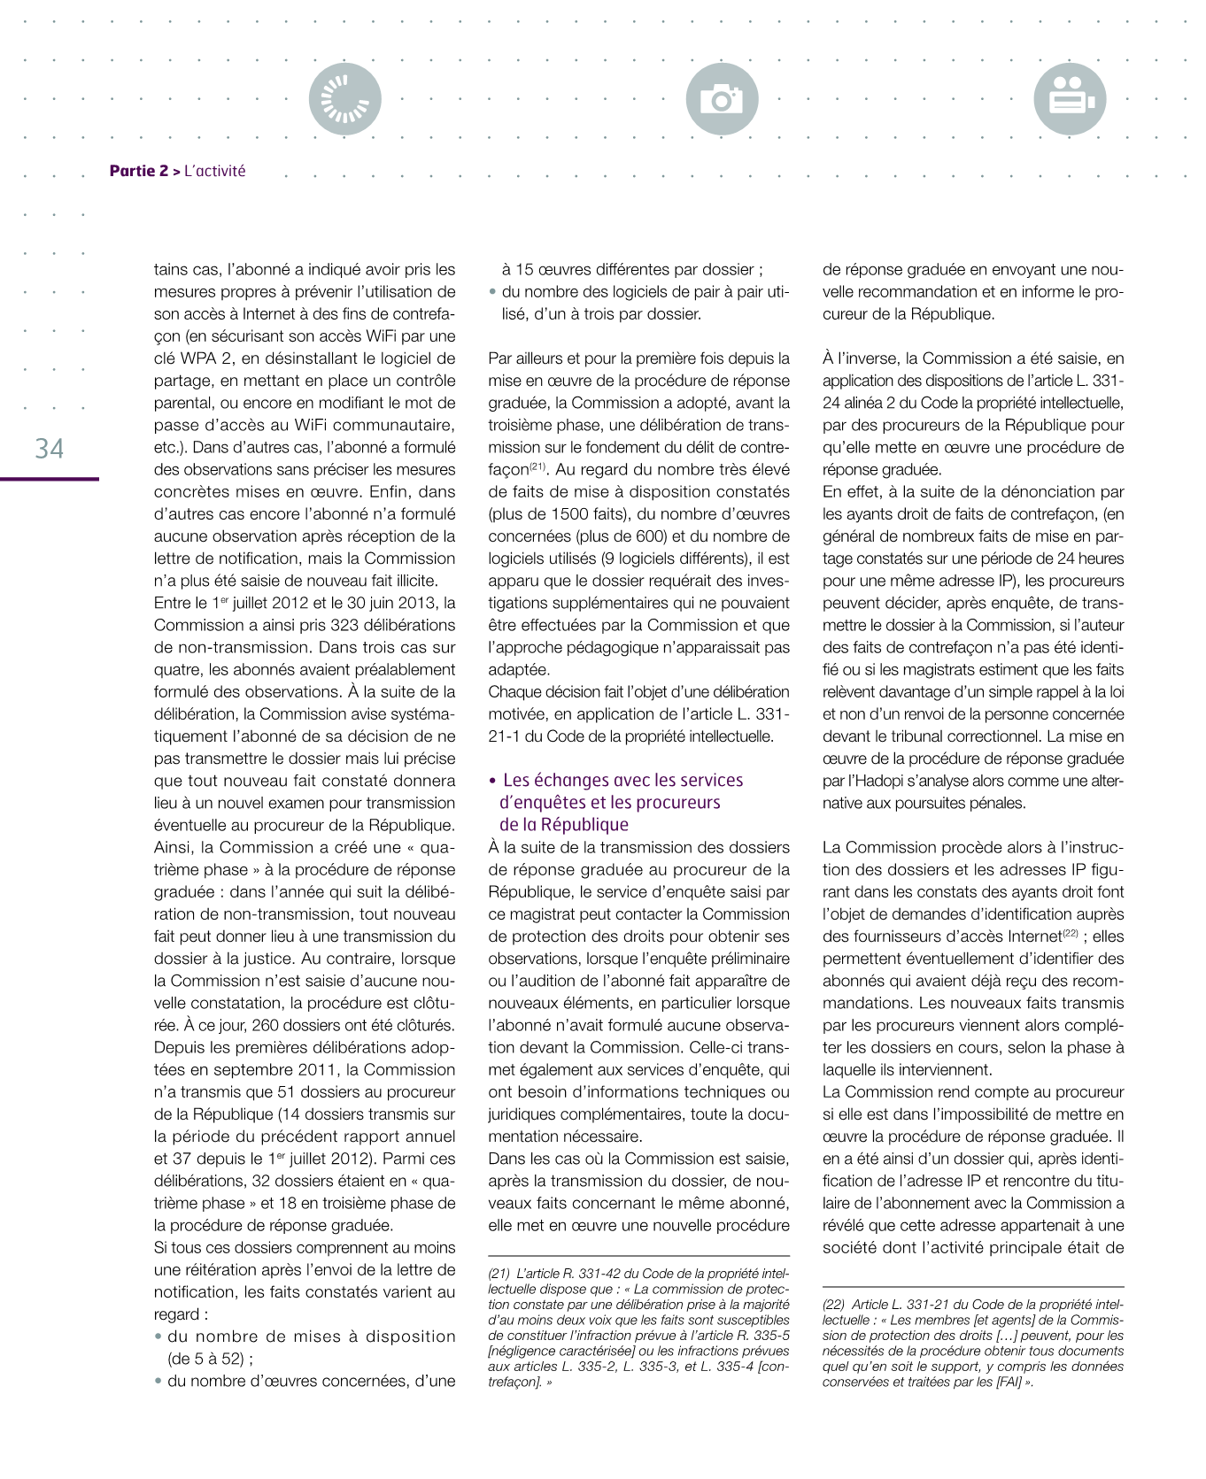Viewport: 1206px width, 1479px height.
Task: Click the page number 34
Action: pyautogui.click(x=50, y=448)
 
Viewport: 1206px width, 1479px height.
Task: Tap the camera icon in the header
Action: pyautogui.click(x=722, y=99)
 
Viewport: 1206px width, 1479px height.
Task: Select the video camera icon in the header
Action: pyautogui.click(x=1070, y=99)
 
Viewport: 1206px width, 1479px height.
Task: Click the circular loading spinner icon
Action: pyautogui.click(x=345, y=99)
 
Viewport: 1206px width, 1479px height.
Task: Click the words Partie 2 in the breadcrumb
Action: pyautogui.click(x=138, y=171)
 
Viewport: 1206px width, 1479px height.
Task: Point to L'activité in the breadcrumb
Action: pyautogui.click(x=215, y=171)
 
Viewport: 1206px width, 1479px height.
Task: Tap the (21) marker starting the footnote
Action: pyautogui.click(x=499, y=1273)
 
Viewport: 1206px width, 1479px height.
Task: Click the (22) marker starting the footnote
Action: pyautogui.click(x=833, y=1304)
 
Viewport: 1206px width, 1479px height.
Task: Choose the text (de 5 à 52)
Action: pyautogui.click(x=205, y=1359)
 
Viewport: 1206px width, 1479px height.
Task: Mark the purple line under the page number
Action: pyautogui.click(x=50, y=479)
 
